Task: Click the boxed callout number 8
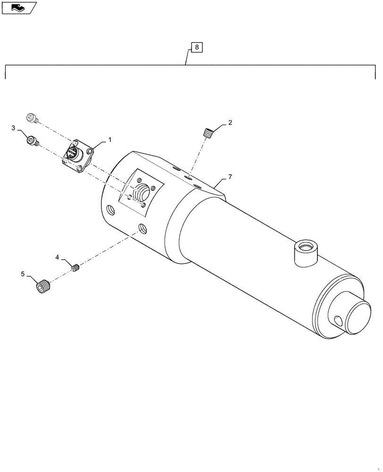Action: (x=197, y=47)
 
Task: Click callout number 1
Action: (x=110, y=140)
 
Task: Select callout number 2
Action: (x=230, y=123)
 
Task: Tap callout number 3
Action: (x=14, y=128)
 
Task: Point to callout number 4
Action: (x=57, y=257)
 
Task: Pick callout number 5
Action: (x=23, y=273)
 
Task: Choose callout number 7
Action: (x=230, y=177)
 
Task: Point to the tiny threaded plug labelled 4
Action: (x=76, y=268)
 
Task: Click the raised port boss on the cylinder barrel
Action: (x=306, y=251)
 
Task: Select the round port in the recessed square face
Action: (x=142, y=193)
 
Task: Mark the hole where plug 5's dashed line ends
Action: (x=142, y=230)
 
